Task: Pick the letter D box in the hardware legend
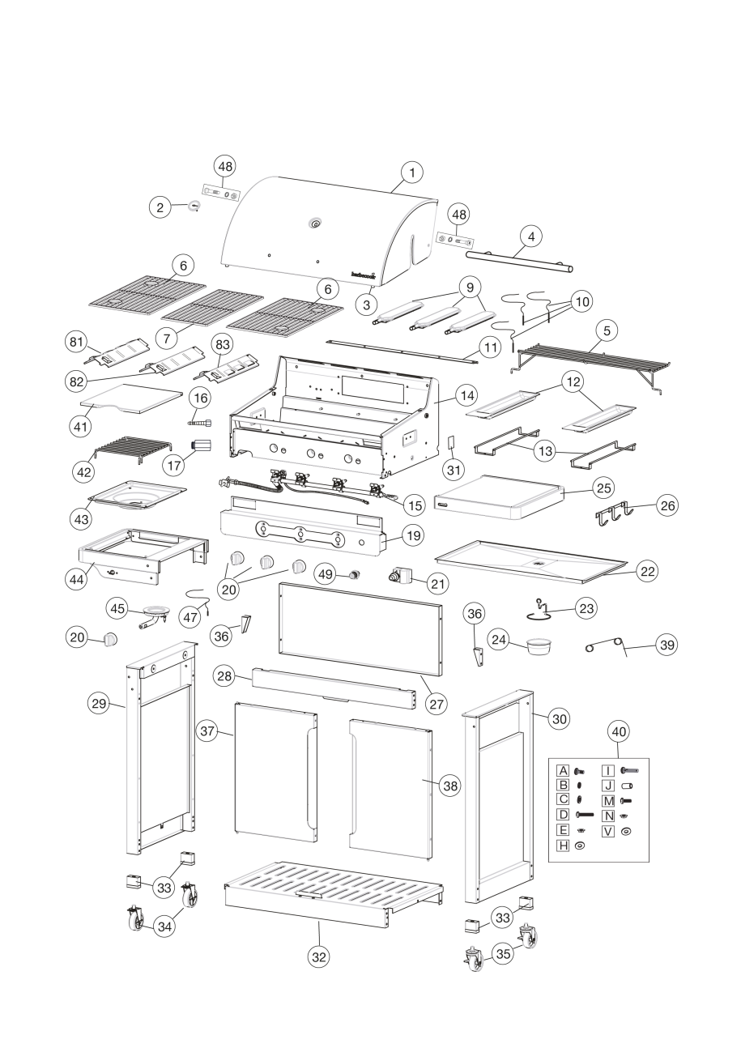tap(563, 813)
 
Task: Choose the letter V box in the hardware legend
tap(609, 831)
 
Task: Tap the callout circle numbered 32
tap(319, 956)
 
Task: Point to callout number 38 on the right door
tap(449, 785)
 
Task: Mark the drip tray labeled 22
tap(530, 562)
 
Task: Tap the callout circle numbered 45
tap(119, 607)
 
